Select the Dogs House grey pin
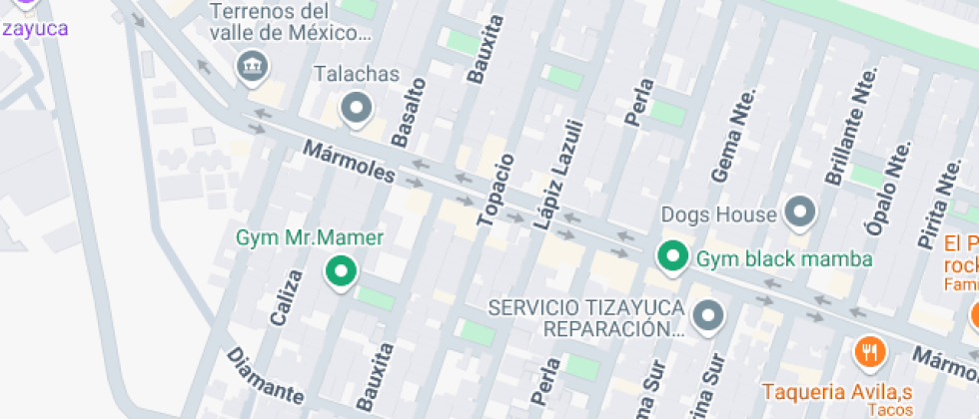click(x=800, y=211)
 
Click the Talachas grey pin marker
click(x=356, y=107)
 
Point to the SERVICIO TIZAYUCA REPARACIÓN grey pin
click(x=708, y=315)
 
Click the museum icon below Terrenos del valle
click(x=249, y=68)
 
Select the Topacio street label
click(x=496, y=190)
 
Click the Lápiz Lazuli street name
click(x=556, y=175)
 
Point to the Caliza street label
click(x=286, y=297)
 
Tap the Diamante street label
click(x=264, y=375)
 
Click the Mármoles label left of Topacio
click(x=349, y=162)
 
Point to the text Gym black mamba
click(x=784, y=259)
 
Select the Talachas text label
click(x=356, y=75)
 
